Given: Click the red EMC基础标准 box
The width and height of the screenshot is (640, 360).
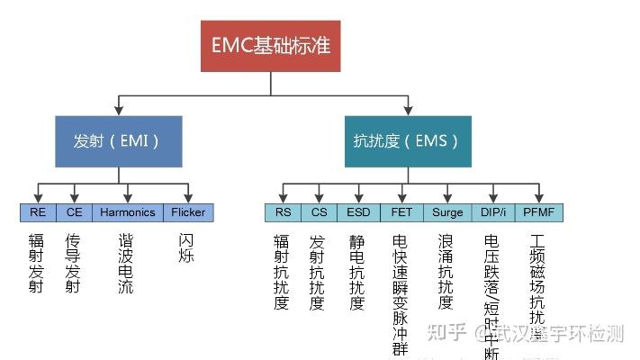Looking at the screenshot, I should pos(271,45).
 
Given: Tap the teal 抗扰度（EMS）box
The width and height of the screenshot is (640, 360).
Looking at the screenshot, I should pos(407,140).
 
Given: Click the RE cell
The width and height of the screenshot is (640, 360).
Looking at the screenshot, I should pos(38,212).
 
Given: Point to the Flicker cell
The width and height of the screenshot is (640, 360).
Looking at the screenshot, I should pos(188,212).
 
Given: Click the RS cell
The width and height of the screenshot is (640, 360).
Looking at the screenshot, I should pos(283,212).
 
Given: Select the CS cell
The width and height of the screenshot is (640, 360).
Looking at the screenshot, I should pos(318,212).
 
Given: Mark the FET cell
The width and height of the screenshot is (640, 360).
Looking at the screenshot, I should pos(401,212).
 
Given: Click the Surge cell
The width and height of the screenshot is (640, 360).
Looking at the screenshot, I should pos(446,212).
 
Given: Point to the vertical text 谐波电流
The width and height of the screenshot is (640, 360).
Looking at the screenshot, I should pos(126,265).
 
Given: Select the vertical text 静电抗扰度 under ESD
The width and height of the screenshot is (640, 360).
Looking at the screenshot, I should pos(357,272).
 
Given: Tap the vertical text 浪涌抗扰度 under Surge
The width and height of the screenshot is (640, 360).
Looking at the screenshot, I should pos(446,272).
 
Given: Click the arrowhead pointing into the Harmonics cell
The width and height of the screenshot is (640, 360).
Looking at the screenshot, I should pos(128,200).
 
